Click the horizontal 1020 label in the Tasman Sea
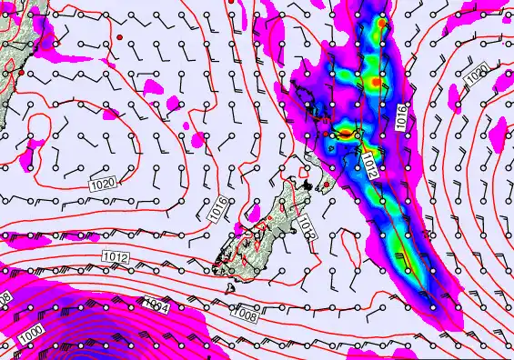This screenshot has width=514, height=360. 103,184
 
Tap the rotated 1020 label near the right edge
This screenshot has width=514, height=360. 475,72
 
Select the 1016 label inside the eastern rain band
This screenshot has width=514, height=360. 401,115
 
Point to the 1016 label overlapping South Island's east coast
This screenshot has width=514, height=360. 306,228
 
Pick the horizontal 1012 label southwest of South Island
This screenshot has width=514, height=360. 115,257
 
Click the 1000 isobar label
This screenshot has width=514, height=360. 29,335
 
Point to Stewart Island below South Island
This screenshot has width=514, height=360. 231,286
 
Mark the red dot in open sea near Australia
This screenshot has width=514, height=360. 119,37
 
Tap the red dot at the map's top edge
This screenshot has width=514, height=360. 230,2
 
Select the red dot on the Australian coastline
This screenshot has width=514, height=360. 21,71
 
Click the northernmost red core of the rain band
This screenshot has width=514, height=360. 382,24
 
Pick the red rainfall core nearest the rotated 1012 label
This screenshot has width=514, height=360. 347,134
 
